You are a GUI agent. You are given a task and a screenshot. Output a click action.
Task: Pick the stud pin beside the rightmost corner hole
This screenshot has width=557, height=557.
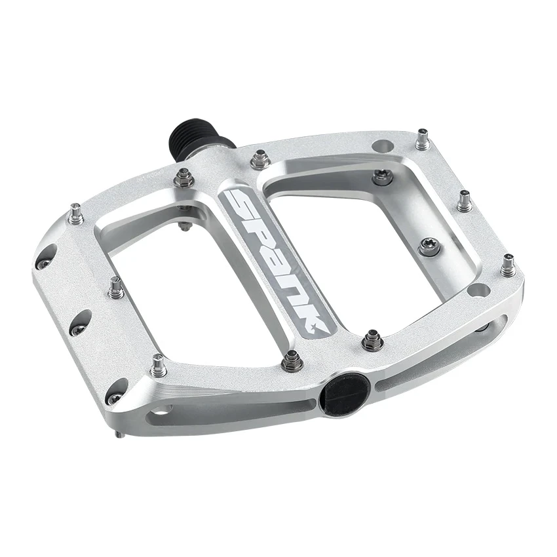[x=507, y=266]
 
